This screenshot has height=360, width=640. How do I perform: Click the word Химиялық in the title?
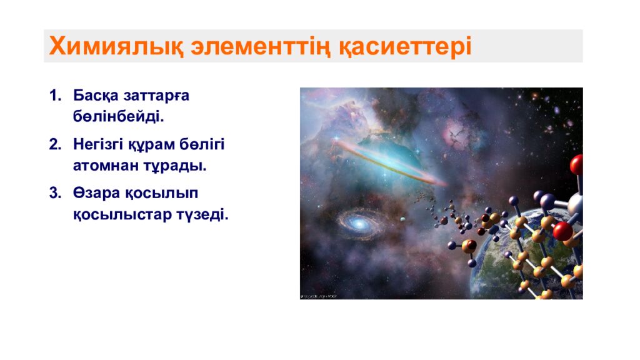[116, 46]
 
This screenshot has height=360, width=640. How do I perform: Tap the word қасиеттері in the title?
[405, 46]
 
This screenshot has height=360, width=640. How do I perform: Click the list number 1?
[55, 96]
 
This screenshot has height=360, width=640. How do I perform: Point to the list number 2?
[55, 144]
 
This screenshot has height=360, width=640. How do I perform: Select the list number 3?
[55, 193]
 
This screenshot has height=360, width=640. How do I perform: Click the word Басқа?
[96, 96]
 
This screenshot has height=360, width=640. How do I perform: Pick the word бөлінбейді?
[118, 117]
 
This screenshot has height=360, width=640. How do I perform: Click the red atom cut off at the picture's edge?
[577, 164]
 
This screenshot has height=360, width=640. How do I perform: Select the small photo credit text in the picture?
[318, 296]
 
